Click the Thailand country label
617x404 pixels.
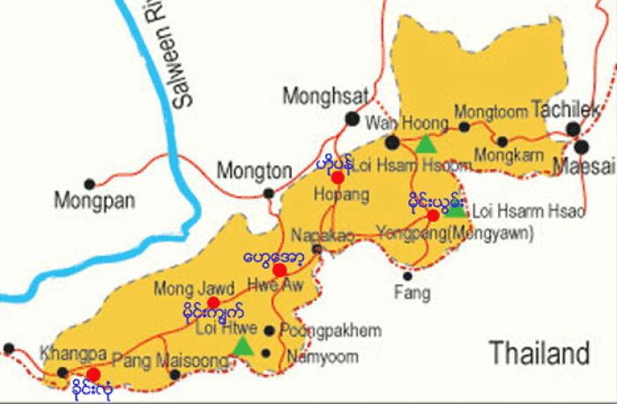539,354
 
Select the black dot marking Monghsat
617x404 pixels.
353,118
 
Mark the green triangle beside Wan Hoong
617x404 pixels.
426,144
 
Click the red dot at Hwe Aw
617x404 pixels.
279,270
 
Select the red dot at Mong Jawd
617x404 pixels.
212,303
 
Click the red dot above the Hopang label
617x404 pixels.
337,177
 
